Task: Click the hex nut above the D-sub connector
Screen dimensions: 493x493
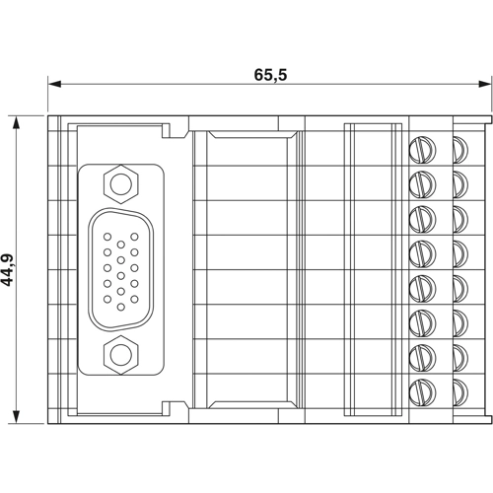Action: pyautogui.click(x=120, y=183)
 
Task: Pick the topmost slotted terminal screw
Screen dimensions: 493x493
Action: pyautogui.click(x=423, y=148)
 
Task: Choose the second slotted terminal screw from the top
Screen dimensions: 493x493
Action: pyautogui.click(x=423, y=182)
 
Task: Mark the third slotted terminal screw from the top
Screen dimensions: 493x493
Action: pyautogui.click(x=423, y=217)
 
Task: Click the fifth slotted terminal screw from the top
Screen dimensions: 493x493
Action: pyautogui.click(x=423, y=286)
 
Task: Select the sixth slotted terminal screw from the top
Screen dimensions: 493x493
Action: pyautogui.click(x=423, y=320)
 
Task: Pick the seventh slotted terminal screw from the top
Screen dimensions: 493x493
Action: pyautogui.click(x=423, y=355)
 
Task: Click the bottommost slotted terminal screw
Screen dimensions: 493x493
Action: pyautogui.click(x=423, y=389)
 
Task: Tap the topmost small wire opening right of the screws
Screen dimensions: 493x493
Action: pyautogui.click(x=460, y=148)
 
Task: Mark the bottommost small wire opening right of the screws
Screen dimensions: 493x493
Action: pyautogui.click(x=460, y=389)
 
